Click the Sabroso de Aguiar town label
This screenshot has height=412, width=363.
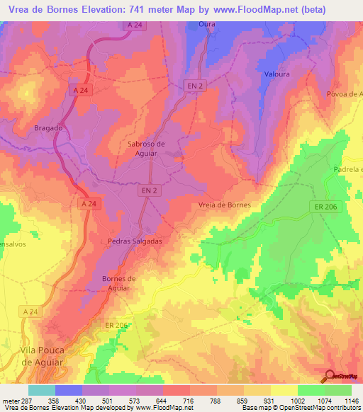146,148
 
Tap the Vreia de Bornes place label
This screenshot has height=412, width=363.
224,205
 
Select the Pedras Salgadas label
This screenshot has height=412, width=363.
135,241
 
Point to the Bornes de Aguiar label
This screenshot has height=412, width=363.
118,282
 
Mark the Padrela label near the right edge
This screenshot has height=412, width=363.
347,170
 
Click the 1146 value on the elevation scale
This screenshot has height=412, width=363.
352,401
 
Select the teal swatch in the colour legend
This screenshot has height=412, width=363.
42,390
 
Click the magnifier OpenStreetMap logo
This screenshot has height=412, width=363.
331,377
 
